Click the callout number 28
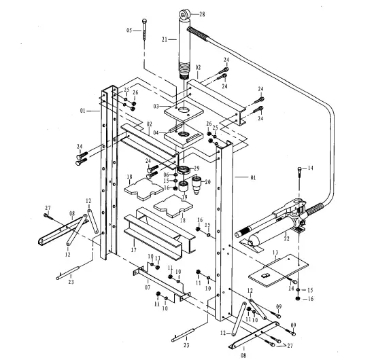pos(201,14)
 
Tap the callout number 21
pos(164,40)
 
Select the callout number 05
pos(130,31)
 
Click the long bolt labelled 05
pos(146,32)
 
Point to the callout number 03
pos(155,107)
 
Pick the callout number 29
pos(197,168)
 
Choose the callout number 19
pos(184,198)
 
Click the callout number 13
pos(275,251)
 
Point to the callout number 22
pos(286,238)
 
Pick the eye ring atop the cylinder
pos(184,12)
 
